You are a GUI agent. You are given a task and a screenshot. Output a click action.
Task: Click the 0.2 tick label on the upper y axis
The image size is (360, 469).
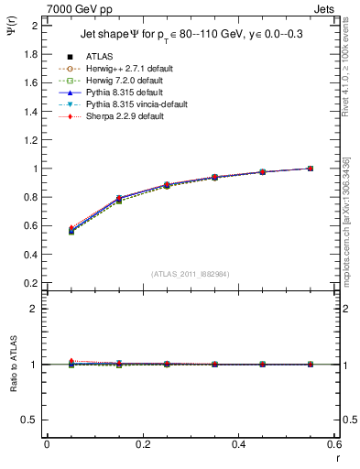(30, 283)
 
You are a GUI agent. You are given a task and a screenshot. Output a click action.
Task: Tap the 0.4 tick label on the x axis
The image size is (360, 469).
(238, 444)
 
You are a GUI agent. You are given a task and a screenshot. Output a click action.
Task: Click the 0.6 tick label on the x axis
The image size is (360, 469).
(333, 444)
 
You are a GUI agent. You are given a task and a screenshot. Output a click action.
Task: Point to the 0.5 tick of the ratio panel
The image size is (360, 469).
(31, 420)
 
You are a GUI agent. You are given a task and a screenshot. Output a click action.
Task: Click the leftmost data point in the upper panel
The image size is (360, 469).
(71, 230)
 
